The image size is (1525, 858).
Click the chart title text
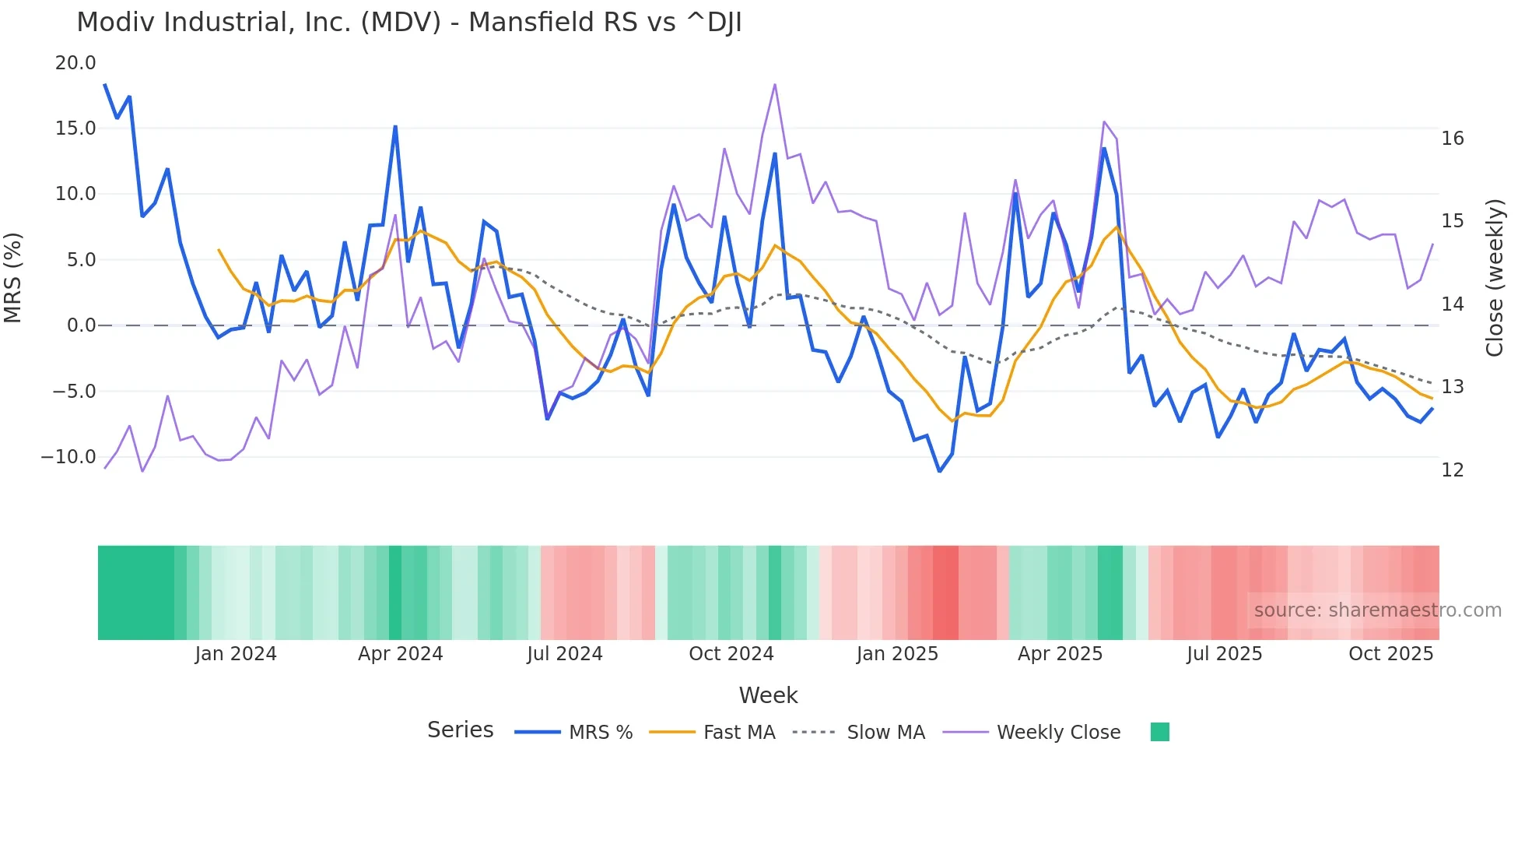pos(409,23)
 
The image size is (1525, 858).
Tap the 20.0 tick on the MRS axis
pos(75,63)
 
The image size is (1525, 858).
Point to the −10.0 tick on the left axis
pos(68,457)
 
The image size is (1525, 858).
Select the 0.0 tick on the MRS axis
pos(82,325)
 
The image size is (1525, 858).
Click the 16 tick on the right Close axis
pos(1452,139)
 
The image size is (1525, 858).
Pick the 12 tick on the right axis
pos(1452,470)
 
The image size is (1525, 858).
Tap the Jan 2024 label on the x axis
pos(236,654)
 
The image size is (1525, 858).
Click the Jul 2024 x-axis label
pos(565,654)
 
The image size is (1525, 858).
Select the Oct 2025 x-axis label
pos(1390,654)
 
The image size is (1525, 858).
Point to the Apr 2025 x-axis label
pos(1060,654)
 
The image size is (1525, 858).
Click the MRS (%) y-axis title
pos(13,278)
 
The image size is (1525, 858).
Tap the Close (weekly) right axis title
pos(1494,278)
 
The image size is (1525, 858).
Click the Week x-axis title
pos(768,695)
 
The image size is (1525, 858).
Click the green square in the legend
pos(1159,732)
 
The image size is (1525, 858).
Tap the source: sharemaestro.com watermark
pos(1377,610)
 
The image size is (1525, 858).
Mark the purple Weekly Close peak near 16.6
pos(775,84)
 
